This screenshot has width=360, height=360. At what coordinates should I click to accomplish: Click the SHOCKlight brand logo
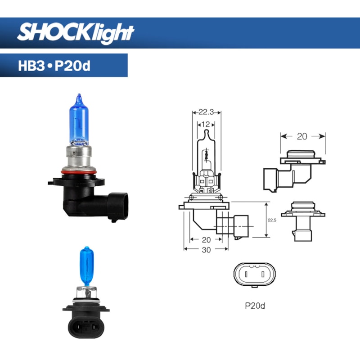pyautogui.click(x=76, y=32)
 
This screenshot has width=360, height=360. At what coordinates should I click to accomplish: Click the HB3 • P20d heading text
pyautogui.click(x=54, y=66)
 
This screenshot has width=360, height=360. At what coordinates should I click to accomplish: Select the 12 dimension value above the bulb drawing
pyautogui.click(x=207, y=124)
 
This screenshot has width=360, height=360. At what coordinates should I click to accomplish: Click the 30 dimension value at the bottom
pyautogui.click(x=206, y=250)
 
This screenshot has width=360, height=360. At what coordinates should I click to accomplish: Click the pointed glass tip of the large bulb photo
pyautogui.click(x=79, y=96)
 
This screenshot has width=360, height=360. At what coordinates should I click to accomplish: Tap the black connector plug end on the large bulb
pyautogui.click(x=118, y=207)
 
